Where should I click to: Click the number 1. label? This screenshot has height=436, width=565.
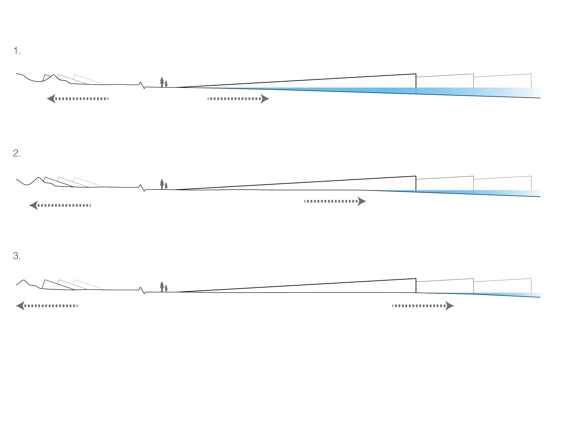coord(17,51)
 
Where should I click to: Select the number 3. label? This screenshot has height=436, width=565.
coord(17,256)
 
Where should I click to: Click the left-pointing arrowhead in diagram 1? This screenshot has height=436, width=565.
coord(51,98)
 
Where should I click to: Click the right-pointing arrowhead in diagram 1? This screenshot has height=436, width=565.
coord(265,98)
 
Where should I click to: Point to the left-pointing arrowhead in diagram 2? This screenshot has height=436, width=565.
coord(33,206)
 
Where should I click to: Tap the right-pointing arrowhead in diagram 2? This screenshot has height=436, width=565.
coord(362,201)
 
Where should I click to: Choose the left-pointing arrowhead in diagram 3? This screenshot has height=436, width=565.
coord(20,306)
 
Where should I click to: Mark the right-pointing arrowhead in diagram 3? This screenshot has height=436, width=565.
coord(450,306)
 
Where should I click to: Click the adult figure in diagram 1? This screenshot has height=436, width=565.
coord(162,82)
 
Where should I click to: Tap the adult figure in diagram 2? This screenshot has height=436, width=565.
coord(162,184)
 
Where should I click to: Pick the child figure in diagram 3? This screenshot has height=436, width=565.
coord(166,289)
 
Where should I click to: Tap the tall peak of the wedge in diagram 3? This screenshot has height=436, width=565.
coord(416,279)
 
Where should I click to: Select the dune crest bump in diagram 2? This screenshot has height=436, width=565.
coord(39,177)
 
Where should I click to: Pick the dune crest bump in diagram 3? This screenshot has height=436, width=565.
coord(24,280)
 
